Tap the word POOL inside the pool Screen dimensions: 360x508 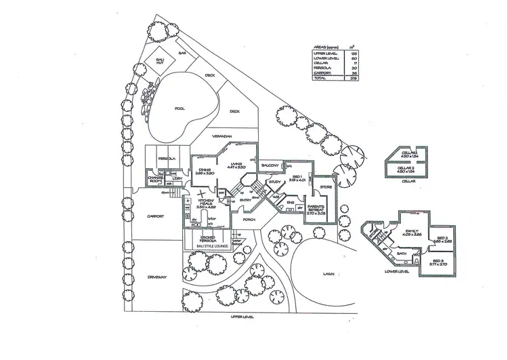tap(179, 108)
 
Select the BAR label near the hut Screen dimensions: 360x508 tap(182, 52)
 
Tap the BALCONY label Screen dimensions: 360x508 tap(273, 165)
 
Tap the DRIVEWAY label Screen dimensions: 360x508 tap(156, 277)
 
